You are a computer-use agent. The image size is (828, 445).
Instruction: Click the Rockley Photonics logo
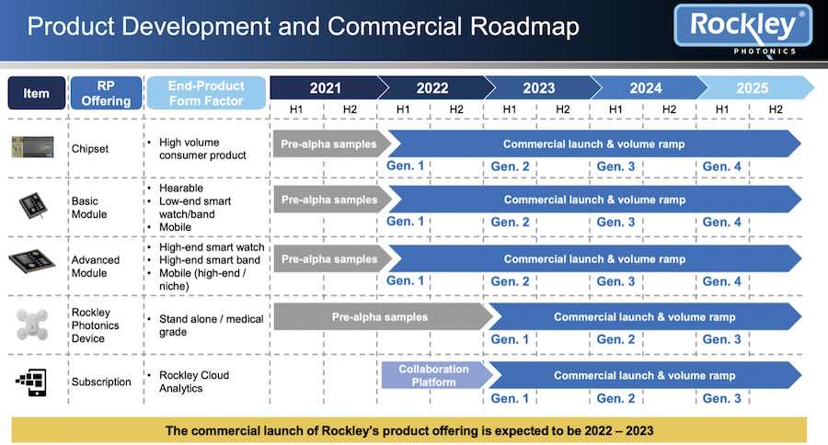click(743, 30)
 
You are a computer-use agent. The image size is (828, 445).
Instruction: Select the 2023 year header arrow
click(538, 87)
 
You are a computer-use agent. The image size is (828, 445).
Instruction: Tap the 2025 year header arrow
click(755, 87)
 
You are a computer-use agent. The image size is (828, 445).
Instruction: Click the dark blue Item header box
click(37, 93)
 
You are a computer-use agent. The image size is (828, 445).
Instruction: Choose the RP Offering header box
click(106, 93)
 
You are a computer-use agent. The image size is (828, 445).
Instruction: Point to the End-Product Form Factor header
click(206, 93)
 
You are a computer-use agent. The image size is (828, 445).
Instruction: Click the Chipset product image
click(33, 147)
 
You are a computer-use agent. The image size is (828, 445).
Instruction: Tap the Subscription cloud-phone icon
click(31, 382)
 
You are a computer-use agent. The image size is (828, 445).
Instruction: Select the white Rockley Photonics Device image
click(32, 324)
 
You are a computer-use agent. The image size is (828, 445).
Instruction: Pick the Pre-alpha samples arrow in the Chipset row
click(331, 143)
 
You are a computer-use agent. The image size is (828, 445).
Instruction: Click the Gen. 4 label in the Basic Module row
click(721, 222)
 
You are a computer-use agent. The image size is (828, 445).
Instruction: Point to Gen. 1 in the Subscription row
click(510, 398)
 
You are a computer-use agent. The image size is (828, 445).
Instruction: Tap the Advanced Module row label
click(96, 267)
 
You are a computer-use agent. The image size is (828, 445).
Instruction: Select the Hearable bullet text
click(181, 188)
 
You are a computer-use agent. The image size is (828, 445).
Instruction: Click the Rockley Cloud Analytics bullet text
click(194, 382)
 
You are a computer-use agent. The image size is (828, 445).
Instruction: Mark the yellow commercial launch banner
click(409, 430)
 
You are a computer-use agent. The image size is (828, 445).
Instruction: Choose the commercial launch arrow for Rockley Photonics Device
click(644, 316)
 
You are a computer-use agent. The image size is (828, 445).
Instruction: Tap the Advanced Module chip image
click(31, 261)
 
